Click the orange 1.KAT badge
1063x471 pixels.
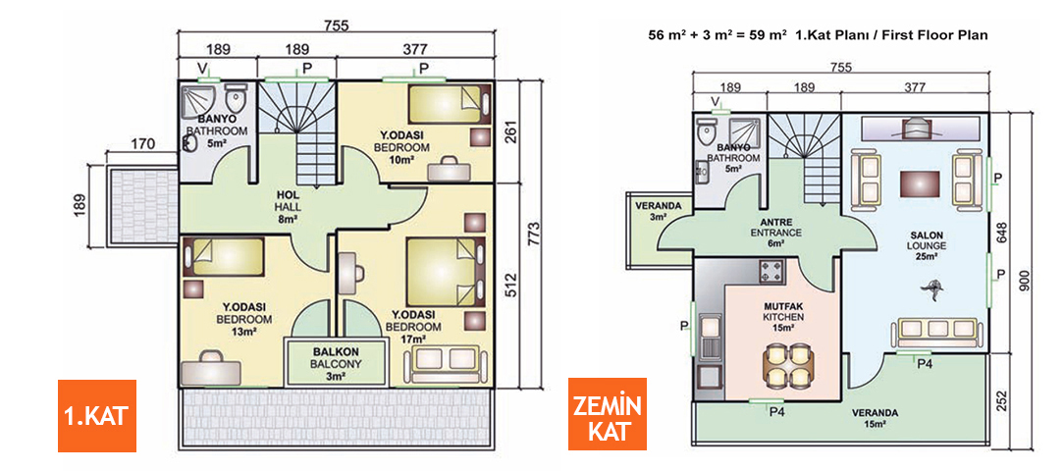[x=96, y=415]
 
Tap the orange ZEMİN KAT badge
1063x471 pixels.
[x=608, y=413]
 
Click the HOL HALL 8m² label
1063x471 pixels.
[x=288, y=208]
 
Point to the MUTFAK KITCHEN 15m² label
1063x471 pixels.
[x=783, y=317]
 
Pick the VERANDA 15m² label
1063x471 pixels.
[x=874, y=418]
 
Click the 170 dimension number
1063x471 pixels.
[x=142, y=145]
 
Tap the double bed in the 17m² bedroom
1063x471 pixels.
[x=447, y=265]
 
